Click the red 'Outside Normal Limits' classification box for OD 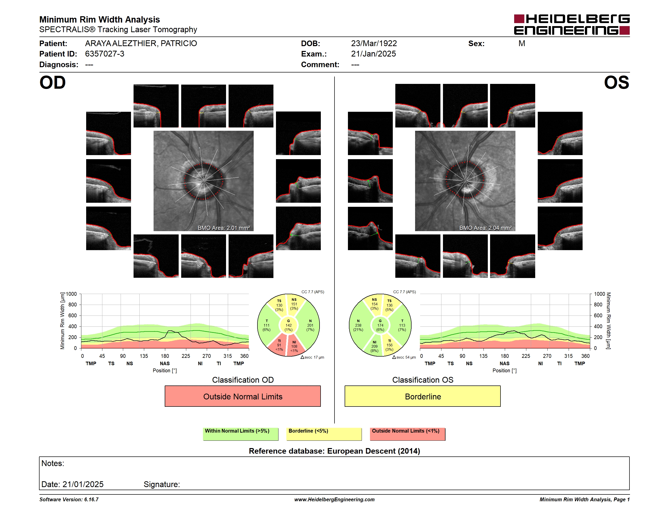[243, 396]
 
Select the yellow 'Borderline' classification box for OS [423, 396]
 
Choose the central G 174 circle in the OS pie [380, 325]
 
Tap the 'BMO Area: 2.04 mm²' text [486, 228]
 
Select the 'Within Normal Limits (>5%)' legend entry [240, 434]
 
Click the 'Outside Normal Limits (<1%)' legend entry [407, 434]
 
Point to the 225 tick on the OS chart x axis [526, 356]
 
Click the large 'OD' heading [52, 82]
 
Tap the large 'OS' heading [616, 82]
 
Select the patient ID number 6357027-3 [105, 54]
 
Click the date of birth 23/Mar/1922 [374, 44]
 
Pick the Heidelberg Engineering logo [572, 25]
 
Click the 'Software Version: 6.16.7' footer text [69, 500]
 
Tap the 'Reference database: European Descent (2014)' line [334, 451]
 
